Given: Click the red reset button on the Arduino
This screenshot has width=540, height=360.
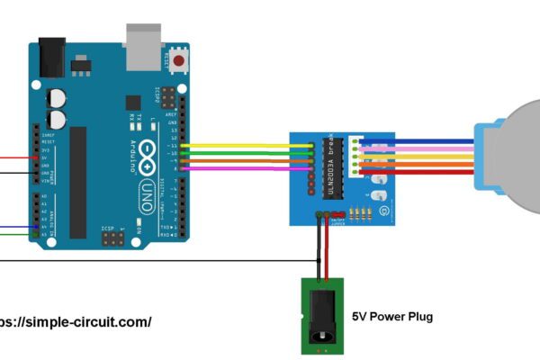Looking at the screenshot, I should pos(179,61).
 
